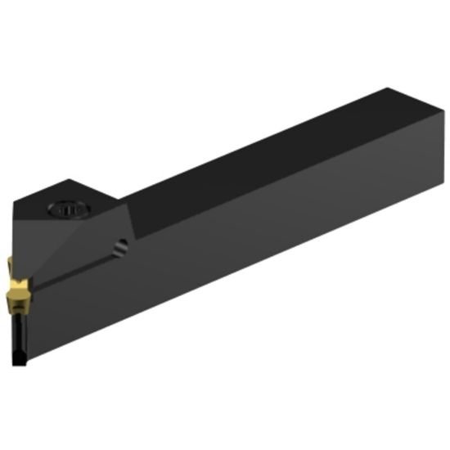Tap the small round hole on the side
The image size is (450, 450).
tap(121, 245)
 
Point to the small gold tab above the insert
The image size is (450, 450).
tap(8, 263)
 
